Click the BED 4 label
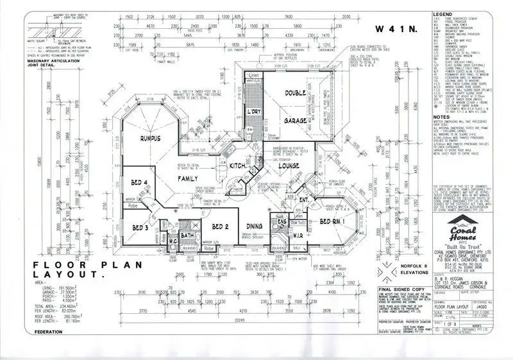point(140,183)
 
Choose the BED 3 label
point(140,227)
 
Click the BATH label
point(187,237)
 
